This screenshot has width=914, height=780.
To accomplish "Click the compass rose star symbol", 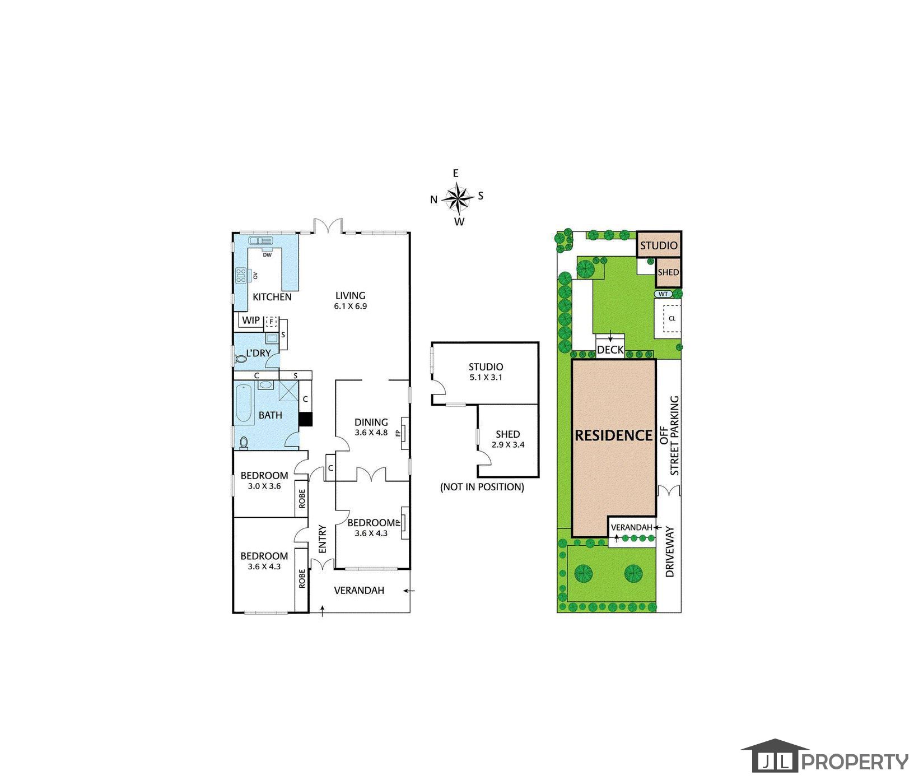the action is point(458,198).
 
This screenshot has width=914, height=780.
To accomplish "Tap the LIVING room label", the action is point(351,295).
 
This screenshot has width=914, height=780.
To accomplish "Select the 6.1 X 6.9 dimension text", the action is point(351,307).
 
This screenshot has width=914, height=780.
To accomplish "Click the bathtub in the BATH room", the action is point(245,403).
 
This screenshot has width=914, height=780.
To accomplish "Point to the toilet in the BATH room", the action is point(244,442).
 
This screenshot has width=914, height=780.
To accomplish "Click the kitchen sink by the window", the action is point(260,241).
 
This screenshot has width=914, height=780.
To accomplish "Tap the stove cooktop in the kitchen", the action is point(241,275).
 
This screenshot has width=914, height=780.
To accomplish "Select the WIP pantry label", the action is point(250,321).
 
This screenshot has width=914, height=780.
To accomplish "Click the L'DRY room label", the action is point(259,353).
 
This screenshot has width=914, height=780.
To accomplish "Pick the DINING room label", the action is point(371,422).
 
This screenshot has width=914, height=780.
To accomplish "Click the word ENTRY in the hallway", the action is point(322,539).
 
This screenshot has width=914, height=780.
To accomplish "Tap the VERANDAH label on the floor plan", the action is point(359,590).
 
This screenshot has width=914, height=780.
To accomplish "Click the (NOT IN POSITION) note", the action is point(482,487).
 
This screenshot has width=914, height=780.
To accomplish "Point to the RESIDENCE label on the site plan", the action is point(614,435).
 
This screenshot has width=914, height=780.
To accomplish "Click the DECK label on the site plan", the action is point(610,350).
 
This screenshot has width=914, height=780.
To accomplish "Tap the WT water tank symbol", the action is point(664,294).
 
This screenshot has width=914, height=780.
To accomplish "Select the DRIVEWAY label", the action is point(670,552).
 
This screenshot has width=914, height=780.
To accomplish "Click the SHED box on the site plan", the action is point(668,272).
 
